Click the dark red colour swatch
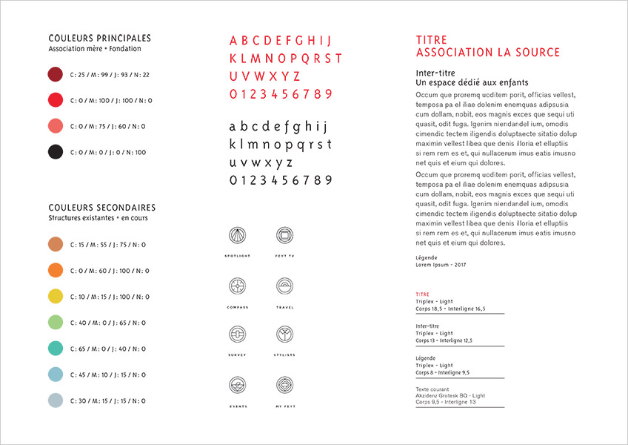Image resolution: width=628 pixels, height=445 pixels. coord(55,74)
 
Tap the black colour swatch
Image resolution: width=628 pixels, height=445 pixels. coord(55,152)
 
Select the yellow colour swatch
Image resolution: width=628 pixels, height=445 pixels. coord(55,296)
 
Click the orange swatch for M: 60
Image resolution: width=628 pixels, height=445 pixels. coord(55,270)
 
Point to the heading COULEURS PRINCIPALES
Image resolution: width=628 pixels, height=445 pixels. coord(99,38)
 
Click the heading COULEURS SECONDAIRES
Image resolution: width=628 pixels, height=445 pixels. coord(102,208)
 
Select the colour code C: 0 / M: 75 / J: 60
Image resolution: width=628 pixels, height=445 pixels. coord(107,126)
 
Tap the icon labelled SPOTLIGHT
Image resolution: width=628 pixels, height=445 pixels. coord(237,236)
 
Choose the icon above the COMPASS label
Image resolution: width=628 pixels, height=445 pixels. coord(237,286)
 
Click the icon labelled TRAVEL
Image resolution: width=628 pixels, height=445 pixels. coord(284,286)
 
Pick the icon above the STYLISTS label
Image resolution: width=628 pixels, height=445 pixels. coord(284,334)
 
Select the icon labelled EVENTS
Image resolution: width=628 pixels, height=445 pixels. coord(237,385)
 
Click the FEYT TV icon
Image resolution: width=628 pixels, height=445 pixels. coord(284,236)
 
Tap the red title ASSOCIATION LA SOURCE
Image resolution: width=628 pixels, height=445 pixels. coord(487,53)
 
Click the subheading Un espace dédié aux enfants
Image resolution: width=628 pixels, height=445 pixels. coord(472,83)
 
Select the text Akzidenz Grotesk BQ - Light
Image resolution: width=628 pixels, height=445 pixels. coord(451,395)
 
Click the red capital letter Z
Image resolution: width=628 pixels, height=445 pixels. coord(296,76)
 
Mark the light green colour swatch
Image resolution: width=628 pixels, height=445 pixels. coord(55,322)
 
